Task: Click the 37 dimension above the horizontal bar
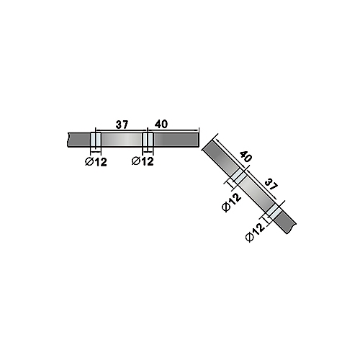(x=122, y=125)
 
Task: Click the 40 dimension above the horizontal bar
(x=161, y=124)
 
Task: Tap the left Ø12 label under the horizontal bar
(x=96, y=162)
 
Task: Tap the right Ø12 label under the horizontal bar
(x=143, y=161)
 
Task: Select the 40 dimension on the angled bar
(x=246, y=157)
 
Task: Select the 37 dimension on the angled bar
(x=271, y=184)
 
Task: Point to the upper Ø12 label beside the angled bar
(x=231, y=202)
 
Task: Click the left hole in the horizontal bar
(x=96, y=140)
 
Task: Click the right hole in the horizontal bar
(x=148, y=140)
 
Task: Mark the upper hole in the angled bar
(x=238, y=176)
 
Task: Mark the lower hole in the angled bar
(x=272, y=210)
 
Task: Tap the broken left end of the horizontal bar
(x=68, y=140)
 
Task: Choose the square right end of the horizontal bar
(x=199, y=140)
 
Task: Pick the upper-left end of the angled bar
(x=207, y=145)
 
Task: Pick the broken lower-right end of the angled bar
(x=292, y=228)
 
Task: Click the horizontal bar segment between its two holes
(x=122, y=140)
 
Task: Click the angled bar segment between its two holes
(x=256, y=194)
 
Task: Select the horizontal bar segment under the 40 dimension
(x=176, y=140)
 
